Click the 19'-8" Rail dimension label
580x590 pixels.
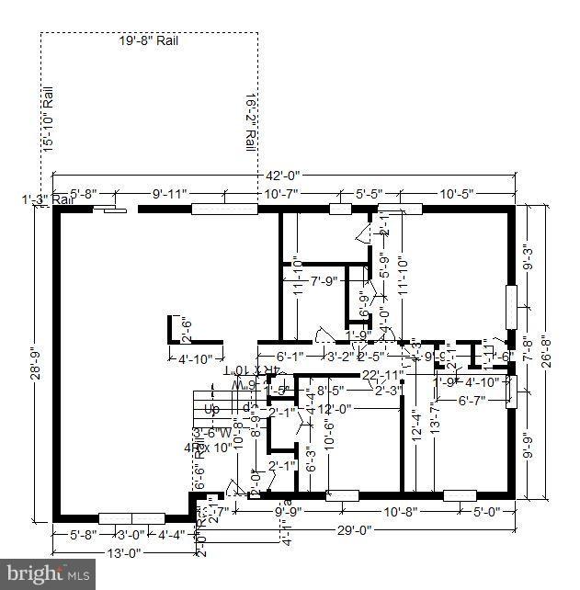(x=148, y=40)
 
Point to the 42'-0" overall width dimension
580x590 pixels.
(x=280, y=175)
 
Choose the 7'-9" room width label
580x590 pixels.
(x=324, y=281)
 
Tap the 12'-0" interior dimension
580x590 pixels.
(x=335, y=409)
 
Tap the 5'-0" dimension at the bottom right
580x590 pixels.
(x=486, y=512)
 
